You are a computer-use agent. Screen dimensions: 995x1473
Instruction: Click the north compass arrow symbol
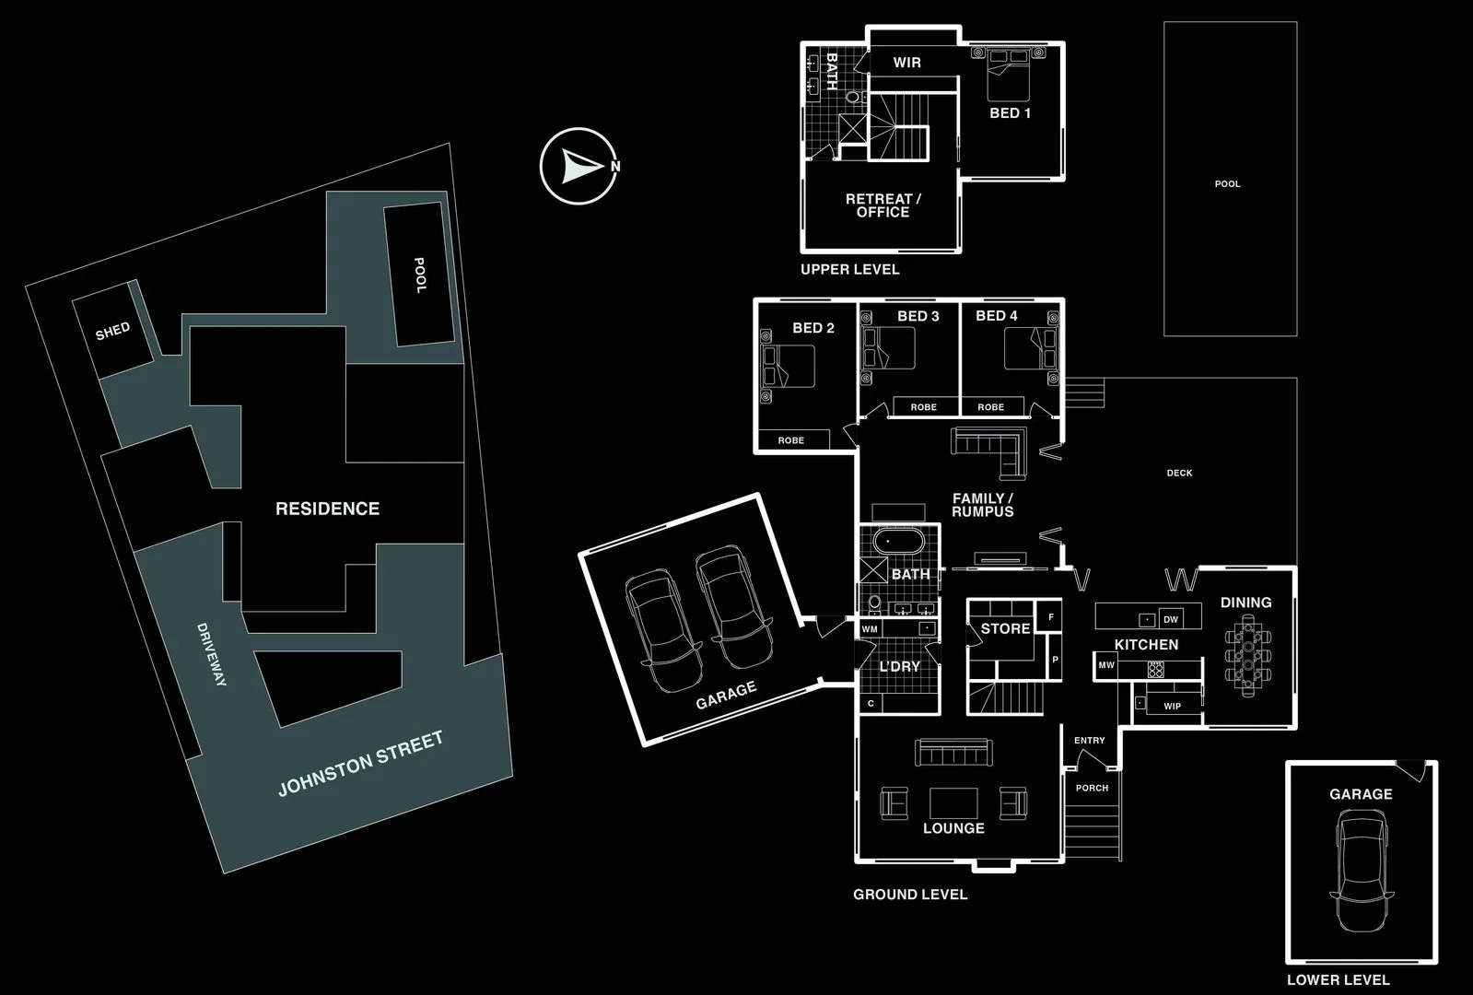click(x=579, y=166)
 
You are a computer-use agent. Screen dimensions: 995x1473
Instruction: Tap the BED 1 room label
click(x=1010, y=113)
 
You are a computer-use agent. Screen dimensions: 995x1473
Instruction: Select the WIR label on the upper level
click(x=906, y=63)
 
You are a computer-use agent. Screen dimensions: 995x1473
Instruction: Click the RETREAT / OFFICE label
click(x=883, y=205)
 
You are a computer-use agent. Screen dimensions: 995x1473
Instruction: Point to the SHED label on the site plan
click(x=112, y=331)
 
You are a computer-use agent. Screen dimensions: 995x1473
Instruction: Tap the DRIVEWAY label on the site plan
click(x=211, y=654)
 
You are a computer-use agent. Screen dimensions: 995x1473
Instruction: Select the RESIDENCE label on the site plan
click(x=327, y=509)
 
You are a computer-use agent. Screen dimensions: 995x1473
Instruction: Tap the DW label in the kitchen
click(x=1171, y=619)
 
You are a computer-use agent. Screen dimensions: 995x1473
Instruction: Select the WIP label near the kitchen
click(x=1172, y=707)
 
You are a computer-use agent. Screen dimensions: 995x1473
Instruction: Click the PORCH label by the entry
click(x=1092, y=788)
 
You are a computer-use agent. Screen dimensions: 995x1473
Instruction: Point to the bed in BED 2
click(x=789, y=365)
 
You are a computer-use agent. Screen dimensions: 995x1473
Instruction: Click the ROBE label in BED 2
click(x=790, y=440)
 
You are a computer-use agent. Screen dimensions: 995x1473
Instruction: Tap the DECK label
click(x=1179, y=473)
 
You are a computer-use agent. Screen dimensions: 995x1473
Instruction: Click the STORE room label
click(x=1005, y=628)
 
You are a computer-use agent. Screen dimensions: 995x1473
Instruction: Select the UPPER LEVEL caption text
click(x=849, y=269)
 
